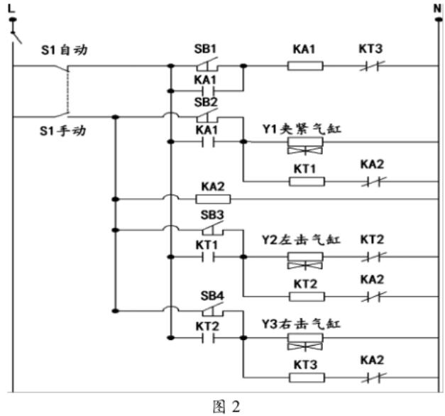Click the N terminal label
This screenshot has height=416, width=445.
436,8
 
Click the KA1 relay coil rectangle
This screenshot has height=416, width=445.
305,67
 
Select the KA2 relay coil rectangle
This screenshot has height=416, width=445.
214,198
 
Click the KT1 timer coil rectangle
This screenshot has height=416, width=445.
307,181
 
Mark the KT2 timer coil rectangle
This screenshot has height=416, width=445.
307,296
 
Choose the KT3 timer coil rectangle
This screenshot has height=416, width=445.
307,376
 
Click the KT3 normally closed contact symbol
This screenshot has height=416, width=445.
372,67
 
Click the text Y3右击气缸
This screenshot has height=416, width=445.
302,323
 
